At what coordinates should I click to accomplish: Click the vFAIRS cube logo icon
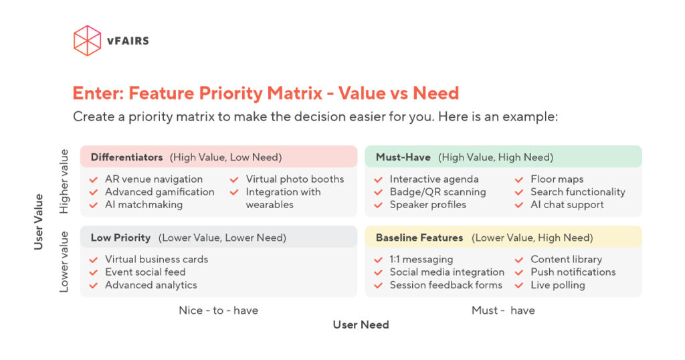pyautogui.click(x=87, y=41)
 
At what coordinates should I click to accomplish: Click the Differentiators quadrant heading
pyautogui.click(x=126, y=157)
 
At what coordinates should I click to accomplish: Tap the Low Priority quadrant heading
pyautogui.click(x=120, y=238)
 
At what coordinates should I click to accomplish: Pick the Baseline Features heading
pyautogui.click(x=419, y=238)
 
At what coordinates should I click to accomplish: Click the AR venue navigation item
pyautogui.click(x=153, y=179)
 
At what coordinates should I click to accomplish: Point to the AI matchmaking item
pyautogui.click(x=143, y=205)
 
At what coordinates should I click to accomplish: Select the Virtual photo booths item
pyautogui.click(x=294, y=179)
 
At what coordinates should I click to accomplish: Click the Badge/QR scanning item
pyautogui.click(x=437, y=192)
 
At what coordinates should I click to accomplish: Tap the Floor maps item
pyautogui.click(x=557, y=179)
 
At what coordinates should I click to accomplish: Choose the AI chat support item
pyautogui.click(x=567, y=205)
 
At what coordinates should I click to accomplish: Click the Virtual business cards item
pyautogui.click(x=156, y=259)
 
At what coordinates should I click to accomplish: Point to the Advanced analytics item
pyautogui.click(x=151, y=285)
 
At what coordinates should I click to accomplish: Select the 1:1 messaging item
pyautogui.click(x=421, y=259)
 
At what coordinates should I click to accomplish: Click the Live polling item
pyautogui.click(x=557, y=285)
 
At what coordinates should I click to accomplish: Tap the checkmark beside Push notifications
pyautogui.click(x=519, y=272)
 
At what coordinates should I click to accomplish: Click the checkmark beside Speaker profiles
pyautogui.click(x=378, y=205)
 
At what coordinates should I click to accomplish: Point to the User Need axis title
pyautogui.click(x=361, y=325)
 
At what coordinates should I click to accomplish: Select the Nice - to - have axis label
pyautogui.click(x=218, y=310)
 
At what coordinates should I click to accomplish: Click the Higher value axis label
pyautogui.click(x=64, y=181)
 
